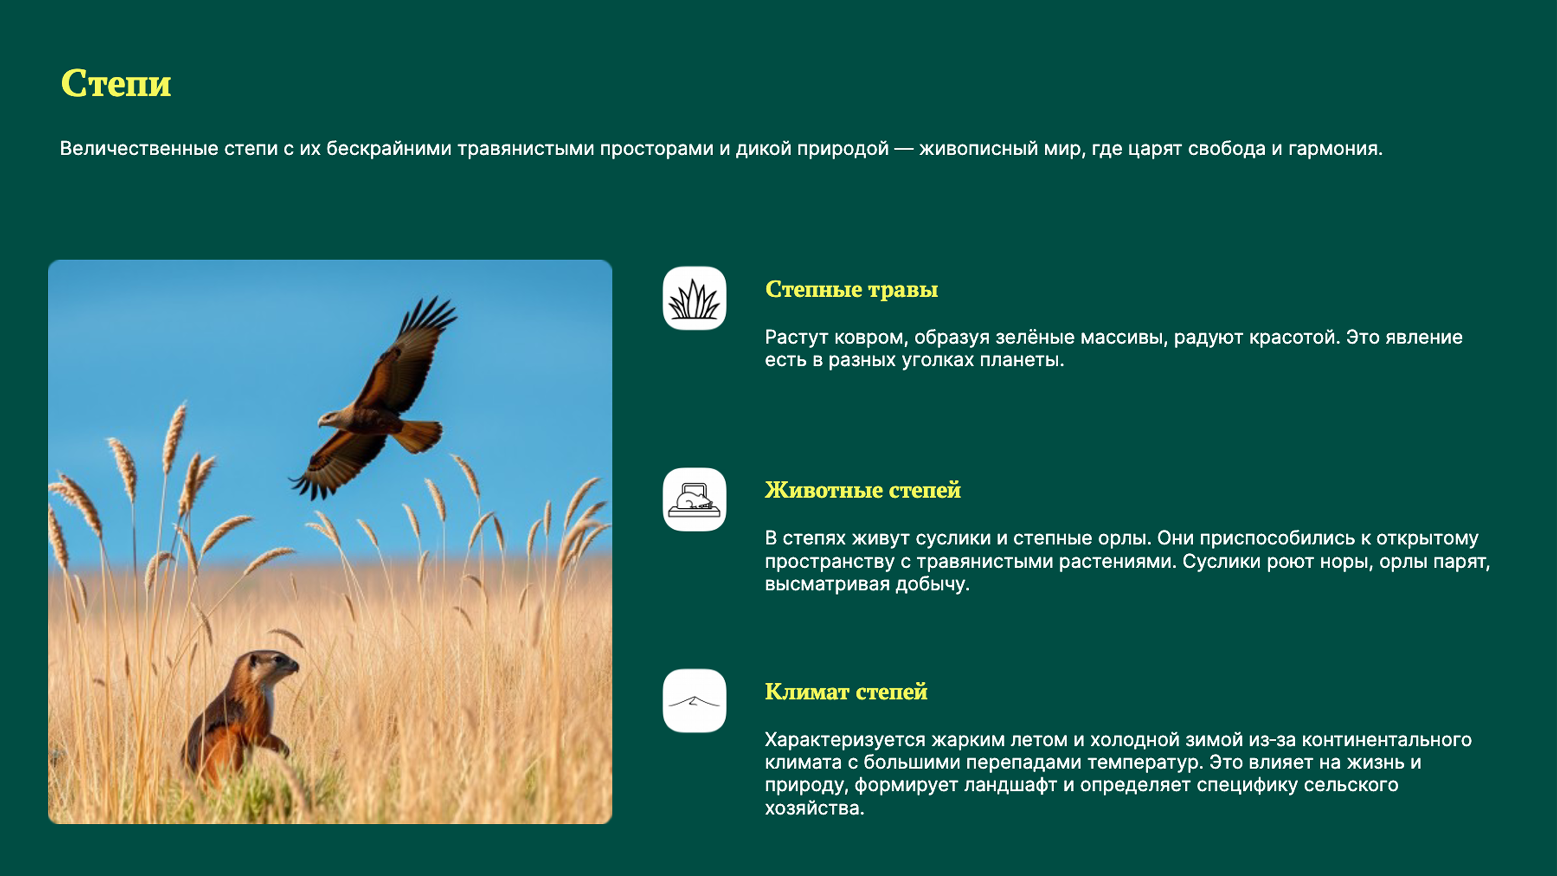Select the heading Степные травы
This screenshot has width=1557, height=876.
(851, 289)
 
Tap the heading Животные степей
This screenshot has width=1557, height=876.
(862, 490)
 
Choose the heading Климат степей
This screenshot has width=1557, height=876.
(846, 691)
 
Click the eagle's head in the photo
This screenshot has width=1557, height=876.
(330, 418)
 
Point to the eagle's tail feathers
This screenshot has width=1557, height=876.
(419, 435)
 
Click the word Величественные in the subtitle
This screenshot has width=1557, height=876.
(138, 149)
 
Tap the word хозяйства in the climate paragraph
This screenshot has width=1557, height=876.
(814, 808)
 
